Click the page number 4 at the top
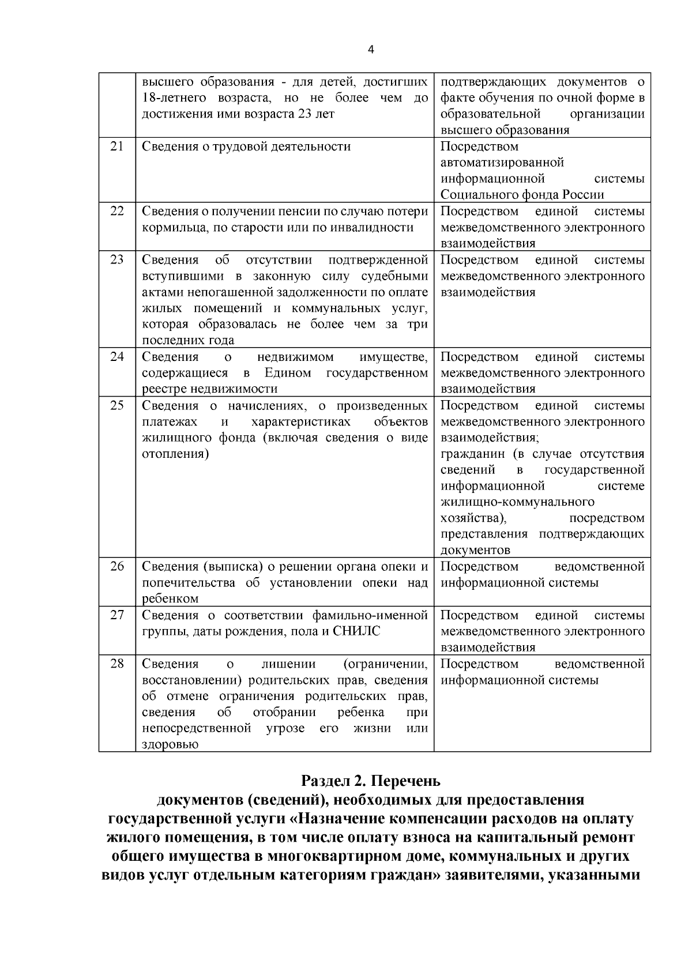(371, 50)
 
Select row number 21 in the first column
(117, 146)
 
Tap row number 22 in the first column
(117, 211)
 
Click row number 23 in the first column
(117, 259)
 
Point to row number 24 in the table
(117, 356)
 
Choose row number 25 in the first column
(117, 405)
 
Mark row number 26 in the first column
(117, 566)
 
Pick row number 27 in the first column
(117, 615)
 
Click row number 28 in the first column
(117, 664)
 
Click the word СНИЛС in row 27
(357, 631)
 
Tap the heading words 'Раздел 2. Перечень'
(371, 781)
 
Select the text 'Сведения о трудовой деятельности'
(246, 146)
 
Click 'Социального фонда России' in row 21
(522, 195)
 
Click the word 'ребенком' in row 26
(170, 598)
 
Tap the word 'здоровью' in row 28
(170, 744)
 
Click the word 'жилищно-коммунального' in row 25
(517, 502)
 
